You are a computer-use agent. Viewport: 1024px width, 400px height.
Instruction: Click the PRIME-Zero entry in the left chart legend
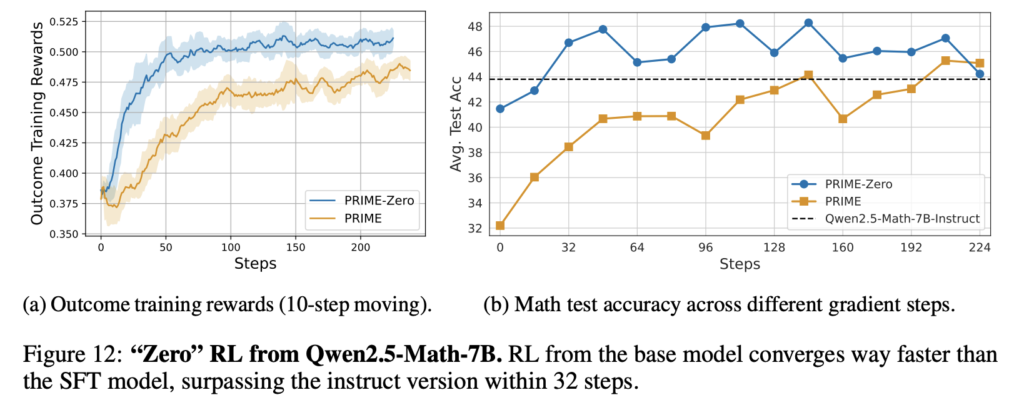(379, 201)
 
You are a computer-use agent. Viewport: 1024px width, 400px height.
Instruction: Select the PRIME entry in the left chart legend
(363, 218)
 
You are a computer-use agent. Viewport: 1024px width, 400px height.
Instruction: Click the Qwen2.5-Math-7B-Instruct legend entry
(902, 219)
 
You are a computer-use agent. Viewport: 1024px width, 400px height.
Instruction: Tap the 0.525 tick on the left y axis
(65, 22)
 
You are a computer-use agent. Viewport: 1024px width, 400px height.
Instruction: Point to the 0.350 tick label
(65, 234)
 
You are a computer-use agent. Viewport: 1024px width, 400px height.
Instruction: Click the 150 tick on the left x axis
(296, 247)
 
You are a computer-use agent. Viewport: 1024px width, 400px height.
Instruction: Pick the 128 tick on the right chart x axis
(774, 247)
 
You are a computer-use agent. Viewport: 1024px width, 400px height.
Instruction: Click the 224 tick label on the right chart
(980, 247)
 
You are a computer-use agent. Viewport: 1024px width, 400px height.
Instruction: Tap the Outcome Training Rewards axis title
(38, 123)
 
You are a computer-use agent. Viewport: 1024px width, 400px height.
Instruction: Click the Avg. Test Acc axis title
(456, 124)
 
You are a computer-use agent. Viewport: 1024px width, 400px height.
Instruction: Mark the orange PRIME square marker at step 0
(500, 226)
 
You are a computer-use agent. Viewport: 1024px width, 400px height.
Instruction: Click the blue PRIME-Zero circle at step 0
(500, 109)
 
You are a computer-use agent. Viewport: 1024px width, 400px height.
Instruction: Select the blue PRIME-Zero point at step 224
(980, 74)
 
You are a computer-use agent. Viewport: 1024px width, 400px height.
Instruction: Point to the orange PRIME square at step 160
(843, 119)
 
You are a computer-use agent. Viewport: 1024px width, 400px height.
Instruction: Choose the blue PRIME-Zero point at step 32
(568, 42)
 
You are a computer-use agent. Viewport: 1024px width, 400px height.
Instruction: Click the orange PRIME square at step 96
(706, 136)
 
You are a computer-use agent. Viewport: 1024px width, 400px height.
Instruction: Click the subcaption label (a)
(34, 305)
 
